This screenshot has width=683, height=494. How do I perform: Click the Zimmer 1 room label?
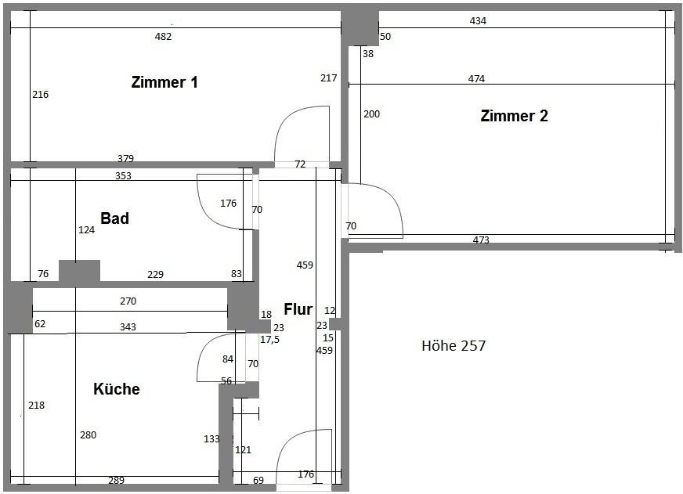point(164,82)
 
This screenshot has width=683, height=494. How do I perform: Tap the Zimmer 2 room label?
point(515,116)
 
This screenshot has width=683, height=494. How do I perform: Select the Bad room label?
point(114,218)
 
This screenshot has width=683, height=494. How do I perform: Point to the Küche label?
point(116,388)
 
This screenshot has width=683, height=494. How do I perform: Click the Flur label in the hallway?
point(298,309)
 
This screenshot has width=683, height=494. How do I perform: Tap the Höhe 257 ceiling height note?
point(454,345)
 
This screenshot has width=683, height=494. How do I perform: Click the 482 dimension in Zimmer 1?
point(164,37)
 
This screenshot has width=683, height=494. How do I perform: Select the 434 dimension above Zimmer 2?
point(478,20)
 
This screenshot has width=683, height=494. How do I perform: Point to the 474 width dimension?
point(476,79)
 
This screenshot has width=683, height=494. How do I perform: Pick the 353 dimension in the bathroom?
point(123,176)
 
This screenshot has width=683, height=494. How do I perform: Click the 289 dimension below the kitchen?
point(116,480)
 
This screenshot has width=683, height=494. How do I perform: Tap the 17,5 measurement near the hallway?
point(269,340)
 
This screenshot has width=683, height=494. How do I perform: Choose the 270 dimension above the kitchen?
point(128,301)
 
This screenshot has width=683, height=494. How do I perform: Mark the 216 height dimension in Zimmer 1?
point(41,95)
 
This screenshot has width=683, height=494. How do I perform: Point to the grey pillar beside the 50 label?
point(360,28)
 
